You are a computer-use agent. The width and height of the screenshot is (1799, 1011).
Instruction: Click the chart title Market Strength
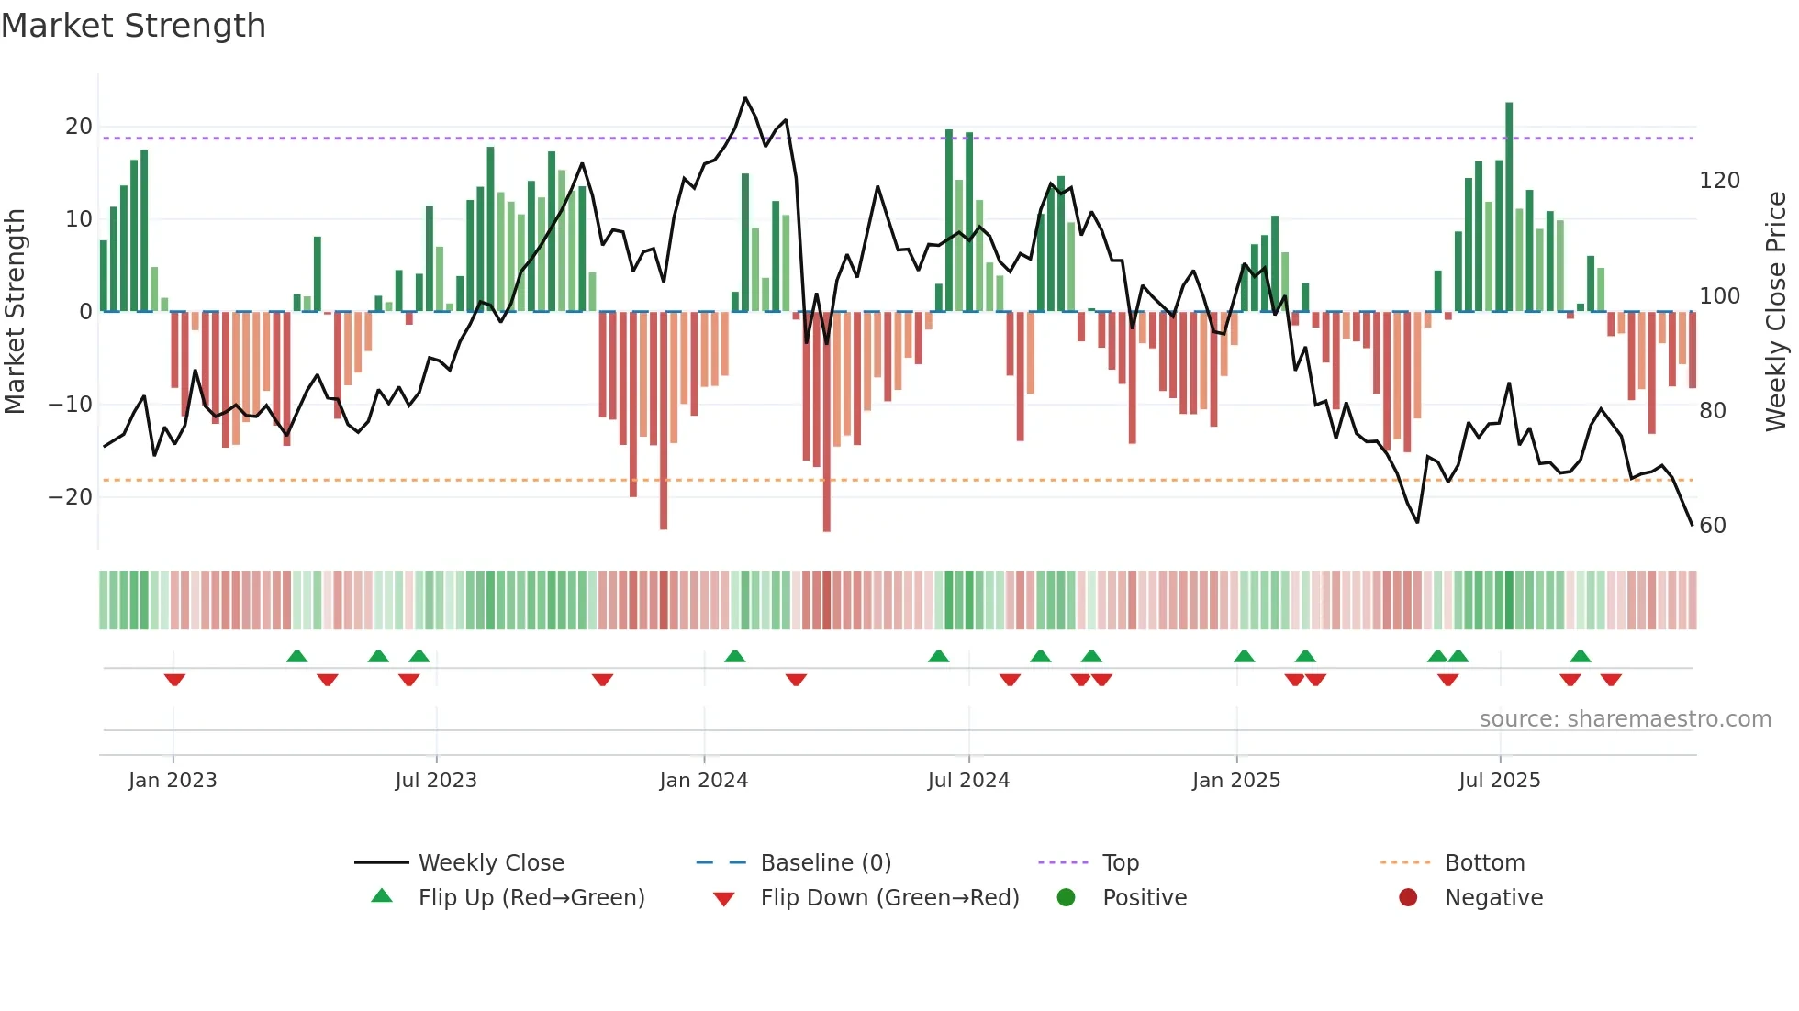pyautogui.click(x=133, y=26)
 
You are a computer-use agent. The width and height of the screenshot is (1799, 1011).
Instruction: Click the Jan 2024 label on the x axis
pyautogui.click(x=703, y=781)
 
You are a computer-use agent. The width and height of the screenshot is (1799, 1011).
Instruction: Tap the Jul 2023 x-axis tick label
pyautogui.click(x=436, y=781)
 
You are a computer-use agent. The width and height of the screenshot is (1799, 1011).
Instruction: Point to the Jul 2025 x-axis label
pyautogui.click(x=1499, y=781)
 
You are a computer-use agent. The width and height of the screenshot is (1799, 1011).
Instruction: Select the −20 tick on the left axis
pyautogui.click(x=71, y=497)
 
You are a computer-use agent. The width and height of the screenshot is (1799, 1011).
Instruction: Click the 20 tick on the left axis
pyautogui.click(x=78, y=127)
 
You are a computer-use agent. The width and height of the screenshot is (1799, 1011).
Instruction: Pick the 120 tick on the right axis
pyautogui.click(x=1719, y=181)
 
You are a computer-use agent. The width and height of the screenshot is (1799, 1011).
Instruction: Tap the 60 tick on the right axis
pyautogui.click(x=1713, y=526)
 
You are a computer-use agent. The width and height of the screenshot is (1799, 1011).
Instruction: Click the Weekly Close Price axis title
pyautogui.click(x=1776, y=312)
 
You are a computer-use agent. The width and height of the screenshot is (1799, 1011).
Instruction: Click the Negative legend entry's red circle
pyautogui.click(x=1408, y=898)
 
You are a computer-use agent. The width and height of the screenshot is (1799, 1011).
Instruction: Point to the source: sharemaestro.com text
pyautogui.click(x=1625, y=719)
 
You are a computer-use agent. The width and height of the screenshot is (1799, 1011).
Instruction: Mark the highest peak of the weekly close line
pyautogui.click(x=745, y=98)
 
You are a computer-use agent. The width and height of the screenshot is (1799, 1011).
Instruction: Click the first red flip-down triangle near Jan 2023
pyautogui.click(x=174, y=680)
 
